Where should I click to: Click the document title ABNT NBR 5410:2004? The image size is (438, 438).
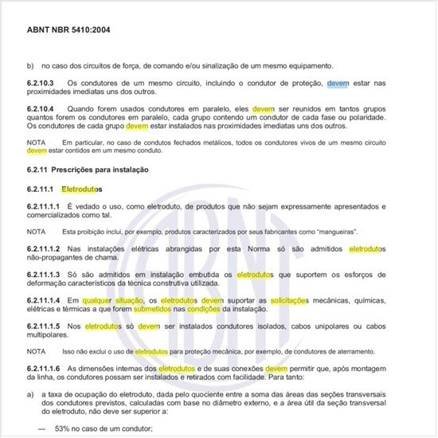[x=70, y=29]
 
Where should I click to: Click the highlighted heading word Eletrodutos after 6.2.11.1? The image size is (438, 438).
[x=82, y=190]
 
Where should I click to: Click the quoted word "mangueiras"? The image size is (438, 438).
[x=334, y=232]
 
